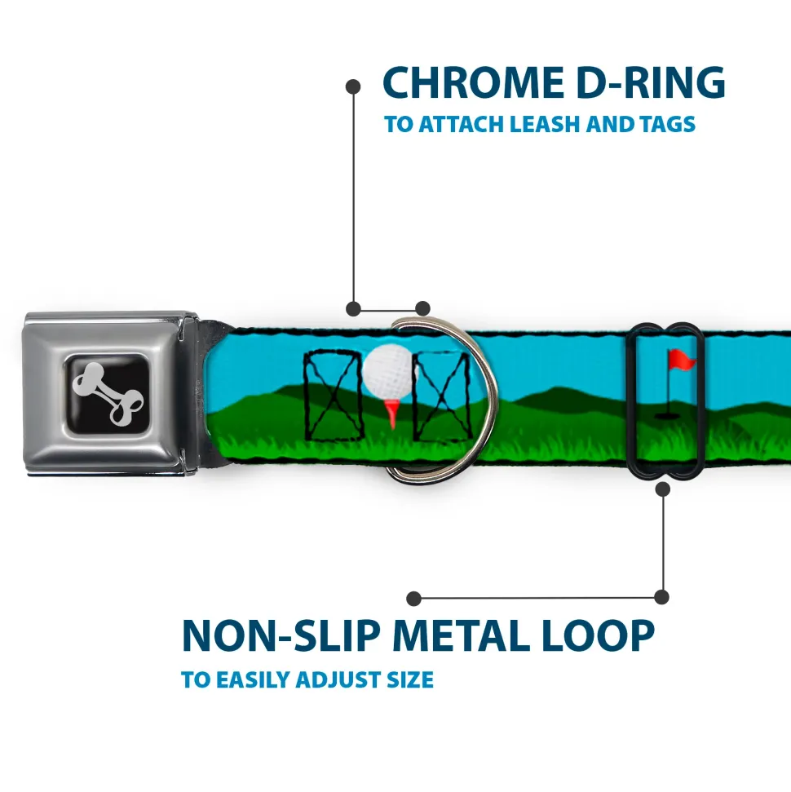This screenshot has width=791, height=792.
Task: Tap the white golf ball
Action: pyautogui.click(x=385, y=372)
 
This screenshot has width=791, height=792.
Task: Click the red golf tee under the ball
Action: pyautogui.click(x=393, y=413)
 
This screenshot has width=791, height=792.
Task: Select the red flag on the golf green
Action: pyautogui.click(x=678, y=358)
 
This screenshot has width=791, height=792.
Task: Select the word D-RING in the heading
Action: pyautogui.click(x=643, y=83)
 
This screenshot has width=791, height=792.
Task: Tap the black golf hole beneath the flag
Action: pyautogui.click(x=667, y=415)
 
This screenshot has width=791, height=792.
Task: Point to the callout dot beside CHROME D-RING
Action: pyautogui.click(x=353, y=85)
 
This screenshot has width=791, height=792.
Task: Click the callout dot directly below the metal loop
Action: pyautogui.click(x=662, y=489)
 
